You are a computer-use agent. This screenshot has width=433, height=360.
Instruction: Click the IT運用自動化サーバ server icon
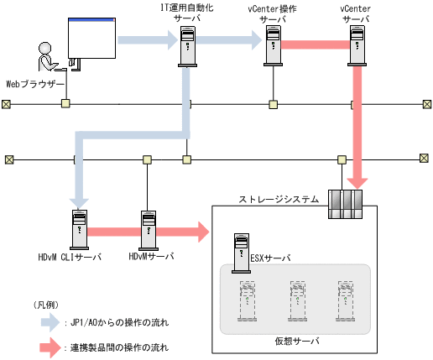[188, 47]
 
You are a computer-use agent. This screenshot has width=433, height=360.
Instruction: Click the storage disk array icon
[343, 204]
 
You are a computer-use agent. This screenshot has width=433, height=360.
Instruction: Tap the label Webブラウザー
[35, 84]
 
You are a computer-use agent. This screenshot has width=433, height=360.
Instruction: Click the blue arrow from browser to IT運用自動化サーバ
[147, 39]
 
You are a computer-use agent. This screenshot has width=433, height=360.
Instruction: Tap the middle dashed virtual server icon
[295, 298]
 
